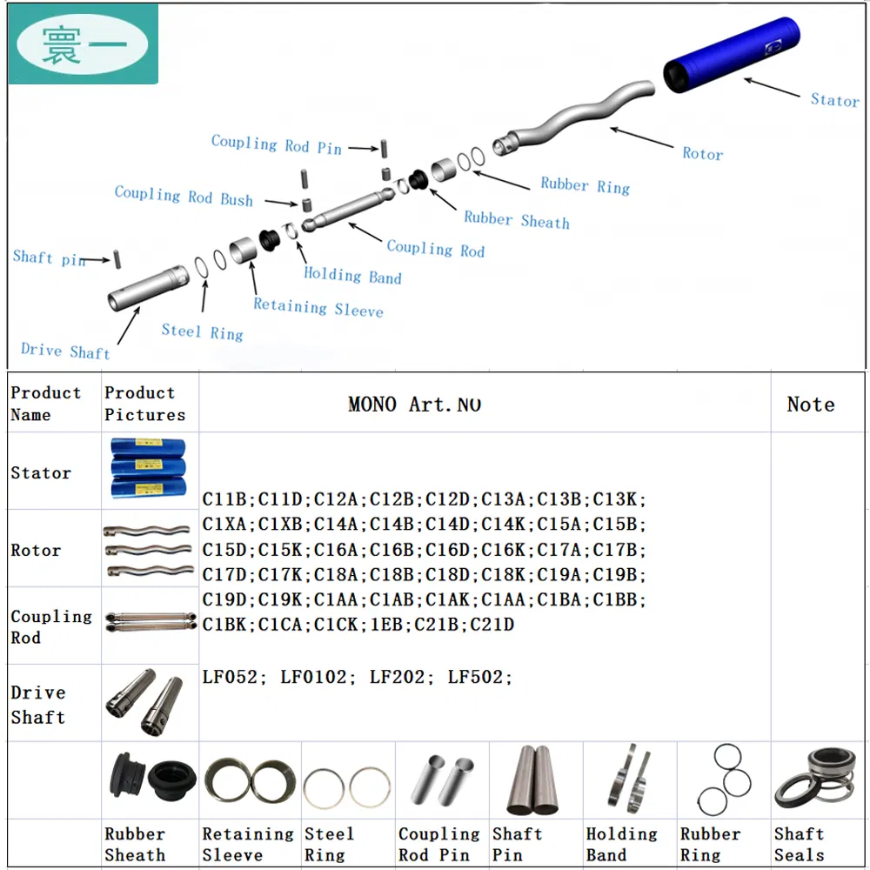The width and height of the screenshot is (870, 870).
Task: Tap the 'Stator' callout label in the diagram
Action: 833,100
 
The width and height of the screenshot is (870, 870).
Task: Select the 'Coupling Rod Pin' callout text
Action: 277,145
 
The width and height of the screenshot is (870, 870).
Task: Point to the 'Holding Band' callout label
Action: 352,276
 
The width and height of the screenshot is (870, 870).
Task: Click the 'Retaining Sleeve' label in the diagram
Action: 318,307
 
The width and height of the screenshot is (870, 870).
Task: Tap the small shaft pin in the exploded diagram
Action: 116,259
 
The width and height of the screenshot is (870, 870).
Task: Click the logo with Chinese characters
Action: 84,44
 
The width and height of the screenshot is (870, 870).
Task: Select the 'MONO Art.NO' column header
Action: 414,405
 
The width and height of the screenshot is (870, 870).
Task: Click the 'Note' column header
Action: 810,405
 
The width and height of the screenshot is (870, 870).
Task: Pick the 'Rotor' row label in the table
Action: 36,550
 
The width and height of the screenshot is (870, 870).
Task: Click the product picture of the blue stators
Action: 150,470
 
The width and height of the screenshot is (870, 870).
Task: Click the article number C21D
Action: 492,625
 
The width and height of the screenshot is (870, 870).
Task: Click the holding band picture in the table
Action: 629,779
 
